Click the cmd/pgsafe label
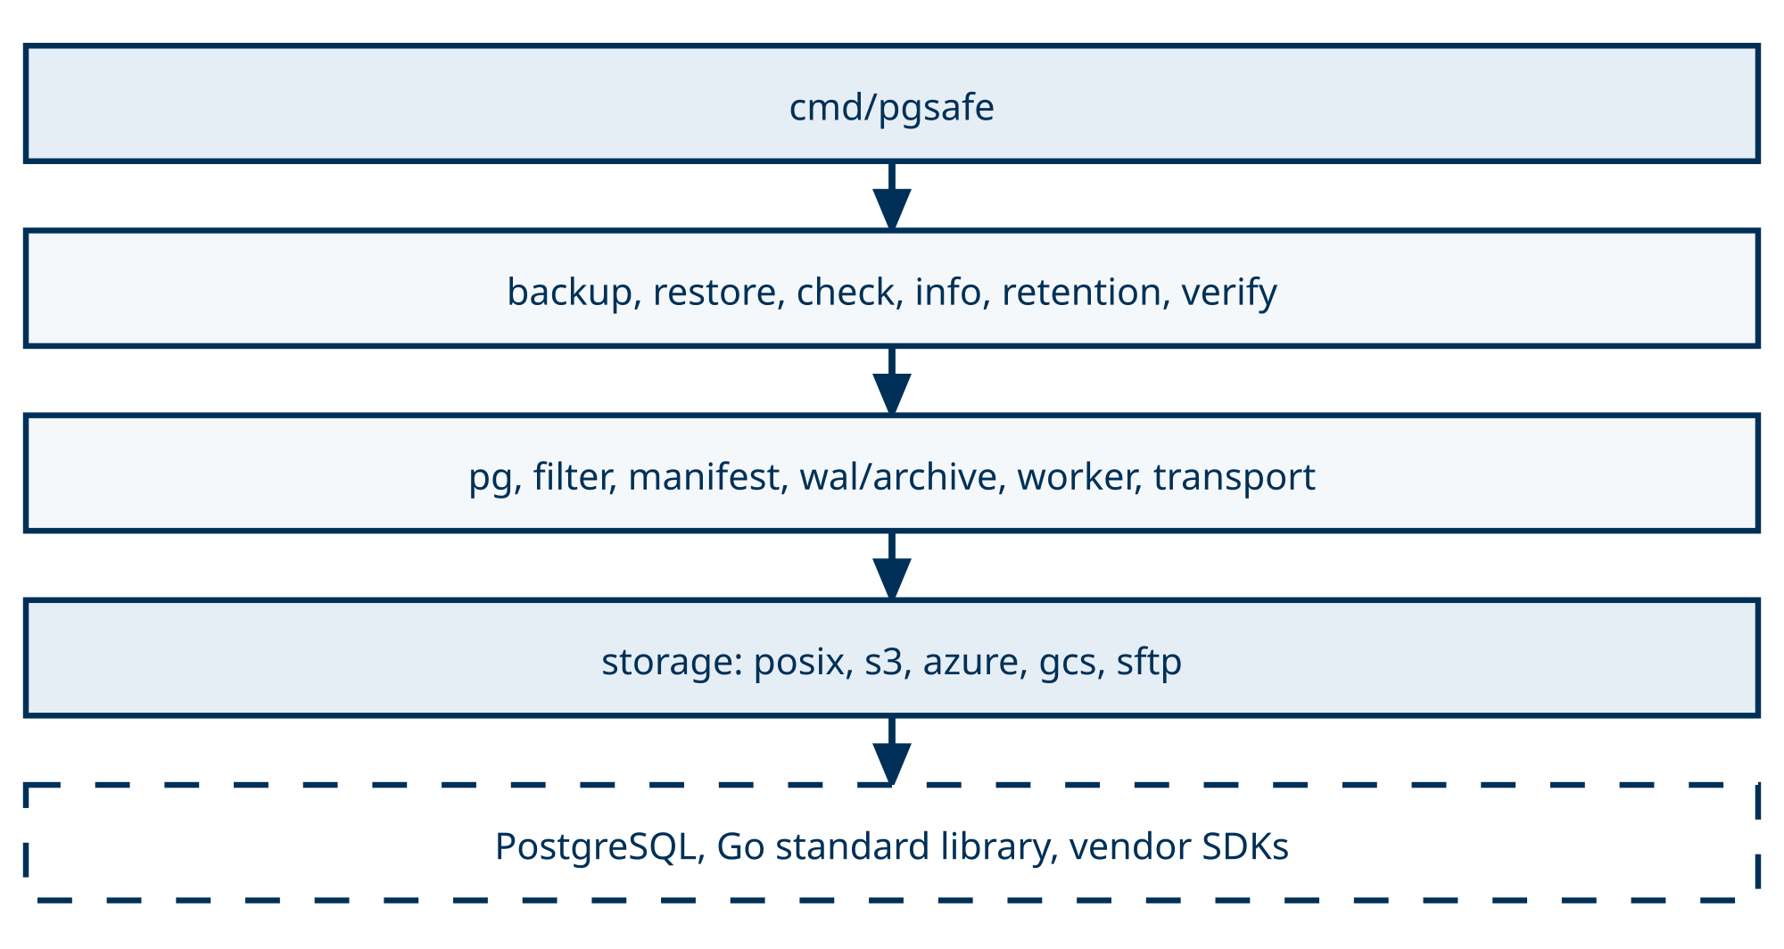pyautogui.click(x=892, y=108)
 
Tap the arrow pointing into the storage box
pyautogui.click(x=892, y=565)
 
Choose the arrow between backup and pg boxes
pyautogui.click(x=892, y=381)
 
